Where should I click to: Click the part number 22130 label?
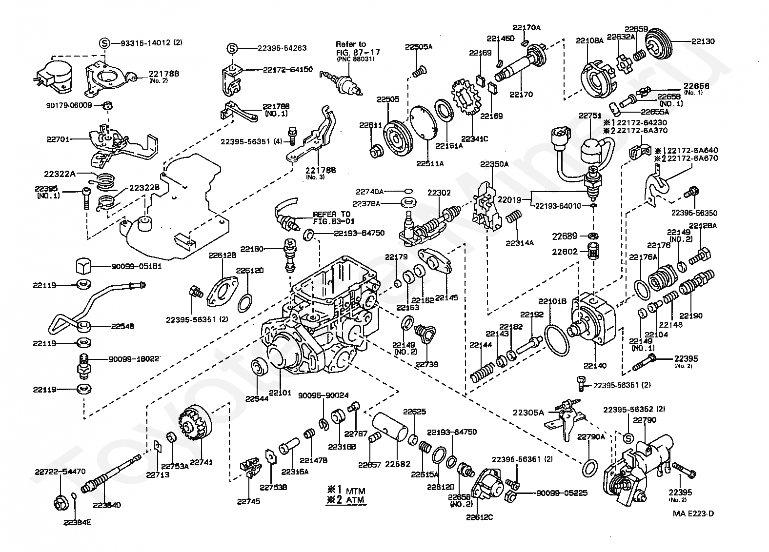[703, 41]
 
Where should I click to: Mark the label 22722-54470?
[60, 472]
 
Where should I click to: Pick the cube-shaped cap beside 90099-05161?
[84, 267]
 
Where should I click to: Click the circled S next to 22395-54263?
[233, 48]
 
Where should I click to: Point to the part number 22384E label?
[77, 522]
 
